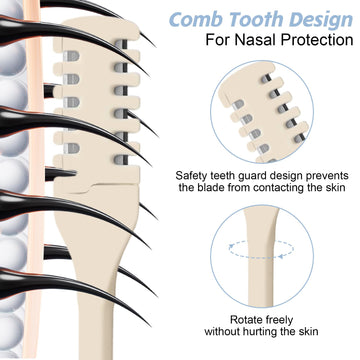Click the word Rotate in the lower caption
click(247, 320)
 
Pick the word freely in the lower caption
click(280, 320)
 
